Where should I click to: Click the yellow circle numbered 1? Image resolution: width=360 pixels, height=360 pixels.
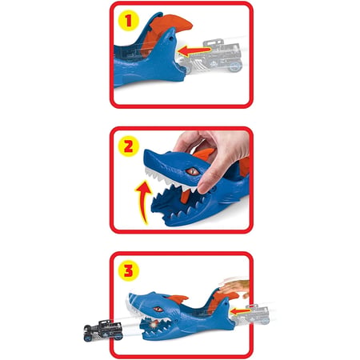(x=129, y=21)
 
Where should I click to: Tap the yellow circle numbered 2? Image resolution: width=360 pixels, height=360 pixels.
(x=129, y=146)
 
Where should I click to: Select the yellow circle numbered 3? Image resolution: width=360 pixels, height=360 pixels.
(x=129, y=270)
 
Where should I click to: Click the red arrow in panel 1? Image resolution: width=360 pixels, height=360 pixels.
(x=194, y=50)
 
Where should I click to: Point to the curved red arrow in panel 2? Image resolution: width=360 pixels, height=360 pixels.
(x=144, y=202)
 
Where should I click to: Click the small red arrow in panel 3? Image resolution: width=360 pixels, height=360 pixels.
(x=241, y=311)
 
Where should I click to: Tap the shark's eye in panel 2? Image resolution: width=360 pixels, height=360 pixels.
(x=193, y=171)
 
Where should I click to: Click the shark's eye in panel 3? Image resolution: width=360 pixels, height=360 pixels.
(x=158, y=310)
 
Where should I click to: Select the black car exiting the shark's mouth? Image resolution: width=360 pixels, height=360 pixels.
(x=103, y=330)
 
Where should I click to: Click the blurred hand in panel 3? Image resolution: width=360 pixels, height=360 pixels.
(x=234, y=289)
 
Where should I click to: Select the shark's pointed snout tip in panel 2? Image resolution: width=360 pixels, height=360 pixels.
(x=145, y=151)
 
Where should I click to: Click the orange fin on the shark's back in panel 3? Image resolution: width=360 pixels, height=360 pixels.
(x=177, y=299)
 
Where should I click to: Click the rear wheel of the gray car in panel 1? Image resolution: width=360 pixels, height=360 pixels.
(x=235, y=67)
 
